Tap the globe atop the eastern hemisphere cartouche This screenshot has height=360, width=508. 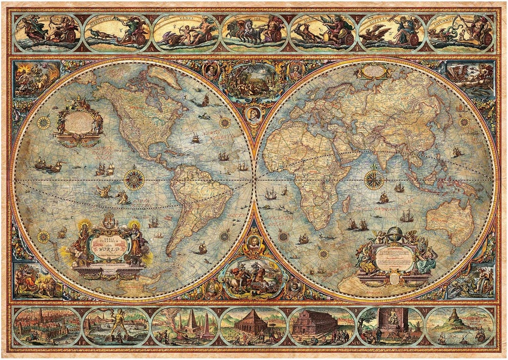(x=395, y=234)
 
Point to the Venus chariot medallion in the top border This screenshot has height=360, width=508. (x=185, y=33)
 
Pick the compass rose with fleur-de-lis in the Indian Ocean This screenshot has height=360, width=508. (x=374, y=180)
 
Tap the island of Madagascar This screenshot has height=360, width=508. (x=346, y=203)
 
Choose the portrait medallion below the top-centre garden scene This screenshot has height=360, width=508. (x=254, y=115)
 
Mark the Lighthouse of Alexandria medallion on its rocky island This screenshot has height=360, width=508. (x=459, y=325)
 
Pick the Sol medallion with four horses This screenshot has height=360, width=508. (x=254, y=32)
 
